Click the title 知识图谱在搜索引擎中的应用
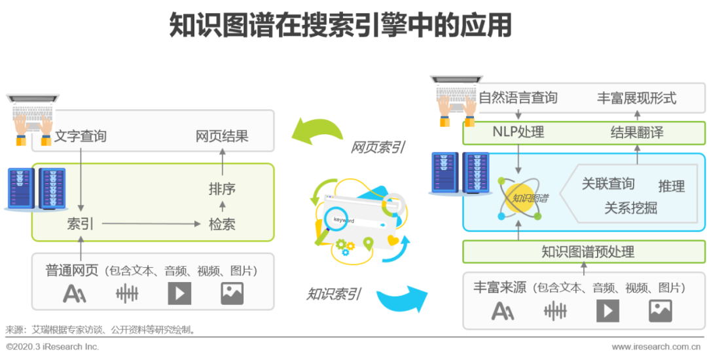tap(340, 26)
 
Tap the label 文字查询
tap(80, 137)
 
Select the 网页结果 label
tap(222, 137)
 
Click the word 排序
tap(222, 189)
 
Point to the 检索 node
tap(222, 224)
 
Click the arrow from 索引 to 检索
tap(151, 225)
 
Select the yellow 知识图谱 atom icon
tap(521, 197)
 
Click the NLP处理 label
tap(518, 132)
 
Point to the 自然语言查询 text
tap(518, 98)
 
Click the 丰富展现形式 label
tap(636, 98)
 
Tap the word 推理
tap(671, 186)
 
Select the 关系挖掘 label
tap(630, 208)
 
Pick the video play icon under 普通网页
tap(179, 293)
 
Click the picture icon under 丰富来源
tap(660, 310)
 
